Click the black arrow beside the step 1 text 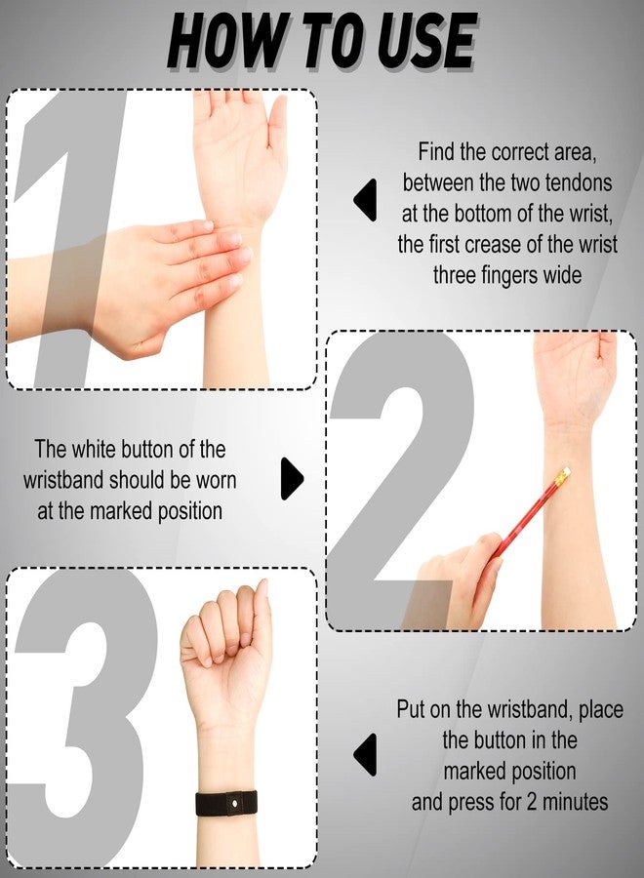[364, 200]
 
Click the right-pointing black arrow [292, 478]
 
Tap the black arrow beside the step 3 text [364, 754]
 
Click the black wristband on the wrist [226, 803]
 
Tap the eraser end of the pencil [563, 474]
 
